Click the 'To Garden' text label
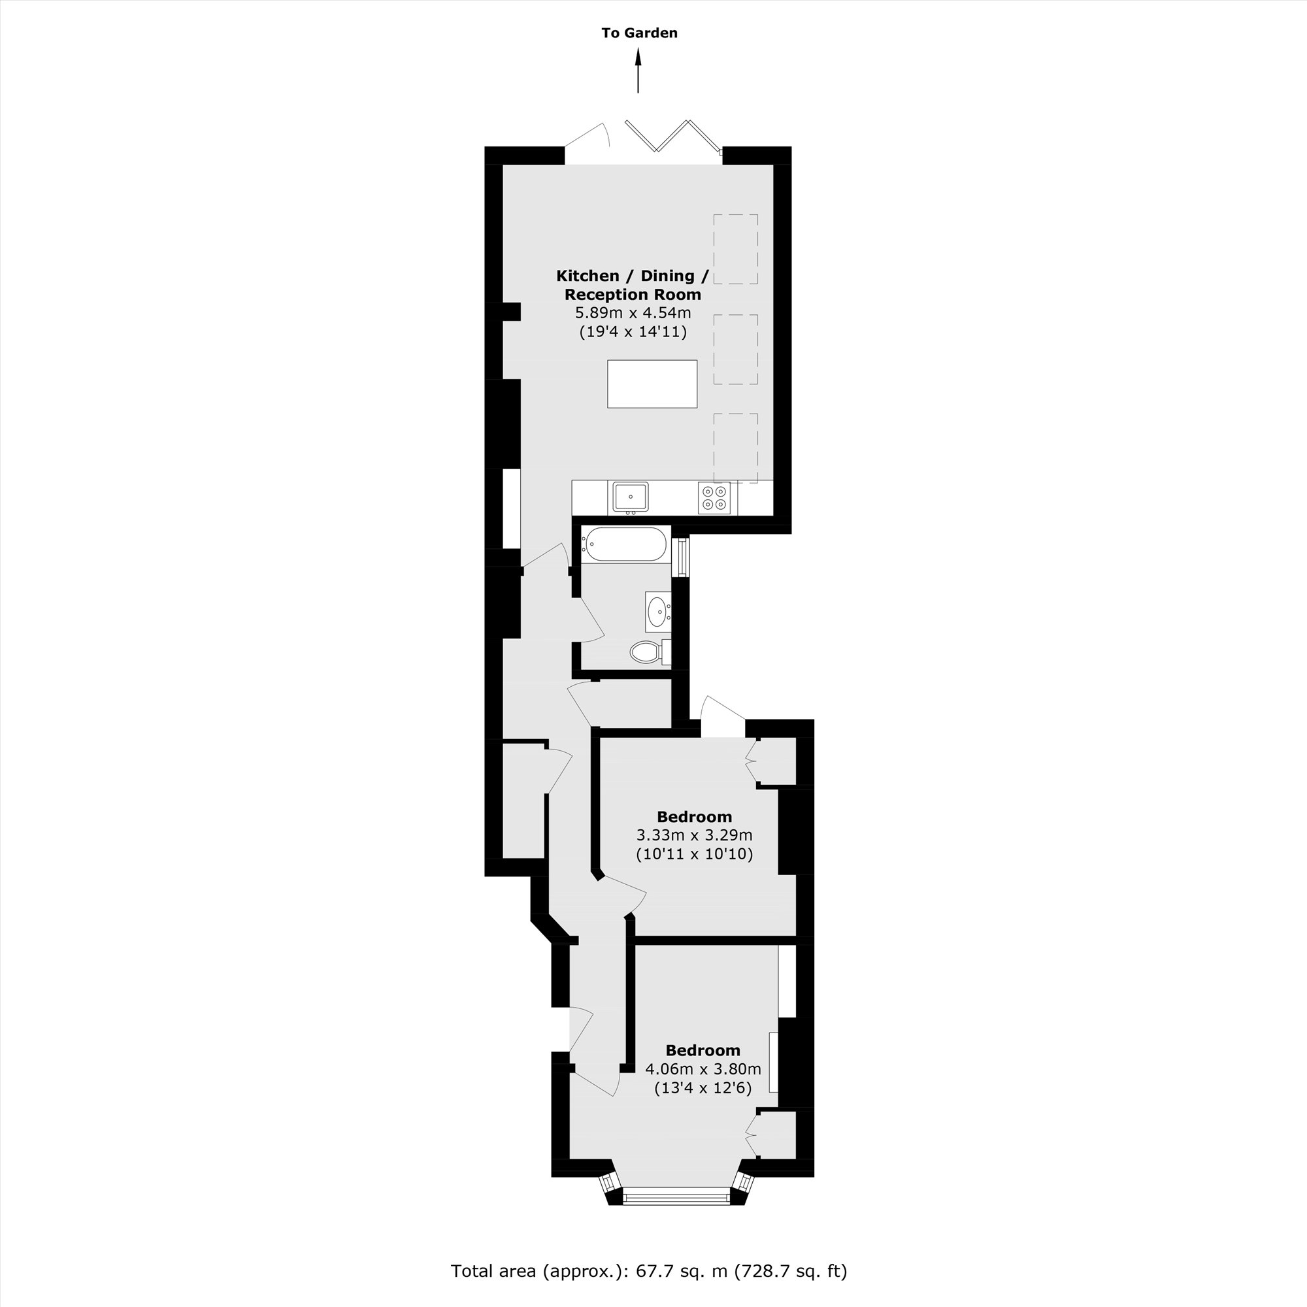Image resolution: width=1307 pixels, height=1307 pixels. (639, 33)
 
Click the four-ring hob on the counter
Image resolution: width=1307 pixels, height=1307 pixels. (714, 497)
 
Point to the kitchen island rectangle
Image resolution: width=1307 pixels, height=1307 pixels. (652, 384)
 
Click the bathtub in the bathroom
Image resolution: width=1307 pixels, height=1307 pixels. (626, 544)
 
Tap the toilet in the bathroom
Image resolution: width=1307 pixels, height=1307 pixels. (646, 652)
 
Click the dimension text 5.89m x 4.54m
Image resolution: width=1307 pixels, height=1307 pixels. (633, 312)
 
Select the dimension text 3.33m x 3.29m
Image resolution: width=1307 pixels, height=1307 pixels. (694, 835)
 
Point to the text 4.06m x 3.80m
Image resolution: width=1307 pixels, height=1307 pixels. (703, 1069)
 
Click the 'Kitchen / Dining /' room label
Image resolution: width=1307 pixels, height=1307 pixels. (633, 275)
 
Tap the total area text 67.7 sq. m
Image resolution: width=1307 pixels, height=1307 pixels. (649, 1270)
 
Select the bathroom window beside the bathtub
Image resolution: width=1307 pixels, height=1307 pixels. (682, 557)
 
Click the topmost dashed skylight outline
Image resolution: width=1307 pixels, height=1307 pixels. (735, 249)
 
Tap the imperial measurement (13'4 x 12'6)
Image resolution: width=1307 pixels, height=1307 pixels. (703, 1088)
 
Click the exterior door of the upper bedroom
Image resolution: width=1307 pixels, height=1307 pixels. (723, 714)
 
